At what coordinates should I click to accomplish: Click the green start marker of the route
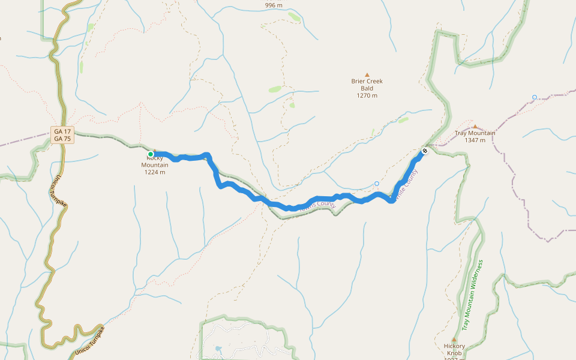[151, 154]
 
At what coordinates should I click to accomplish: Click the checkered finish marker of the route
[425, 151]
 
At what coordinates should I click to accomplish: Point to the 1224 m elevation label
[155, 172]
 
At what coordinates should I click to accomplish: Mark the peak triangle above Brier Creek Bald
[367, 75]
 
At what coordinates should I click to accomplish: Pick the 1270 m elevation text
[367, 95]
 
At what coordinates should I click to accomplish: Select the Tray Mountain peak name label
[475, 133]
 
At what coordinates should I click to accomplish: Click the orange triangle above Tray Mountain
[475, 126]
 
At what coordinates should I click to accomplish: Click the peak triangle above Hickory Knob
[454, 340]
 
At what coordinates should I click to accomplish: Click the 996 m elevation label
[274, 5]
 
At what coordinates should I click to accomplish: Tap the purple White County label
[404, 184]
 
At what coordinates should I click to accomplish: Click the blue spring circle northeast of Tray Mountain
[534, 97]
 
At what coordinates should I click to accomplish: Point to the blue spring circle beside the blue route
[377, 184]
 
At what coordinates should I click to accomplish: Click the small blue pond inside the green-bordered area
[217, 348]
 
